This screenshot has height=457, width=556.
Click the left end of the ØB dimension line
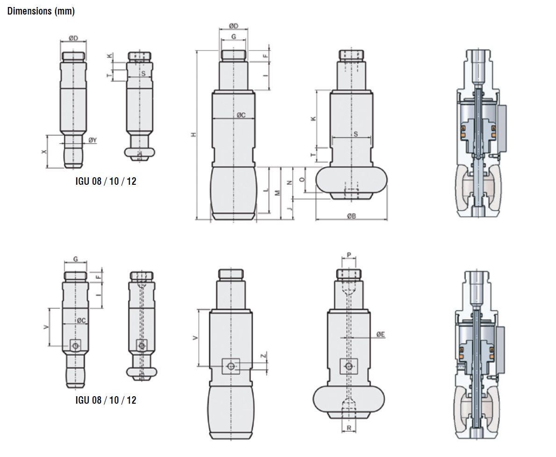[316, 220]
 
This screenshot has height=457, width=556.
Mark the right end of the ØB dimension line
[387, 220]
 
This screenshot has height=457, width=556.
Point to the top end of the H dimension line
[196, 51]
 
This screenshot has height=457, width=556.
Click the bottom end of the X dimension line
[47, 167]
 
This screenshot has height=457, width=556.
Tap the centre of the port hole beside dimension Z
[231, 366]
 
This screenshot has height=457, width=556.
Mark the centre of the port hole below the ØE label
[348, 366]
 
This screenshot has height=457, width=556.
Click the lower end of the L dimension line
[269, 213]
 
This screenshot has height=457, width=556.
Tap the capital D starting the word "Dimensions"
[10, 11]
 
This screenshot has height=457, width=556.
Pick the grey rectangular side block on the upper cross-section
[501, 128]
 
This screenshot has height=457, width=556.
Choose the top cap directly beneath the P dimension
[348, 274]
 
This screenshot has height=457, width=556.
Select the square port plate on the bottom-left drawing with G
[76, 345]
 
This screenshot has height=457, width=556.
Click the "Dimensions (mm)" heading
[41, 11]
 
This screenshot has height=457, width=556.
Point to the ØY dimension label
[92, 140]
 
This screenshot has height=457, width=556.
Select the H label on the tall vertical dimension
[193, 135]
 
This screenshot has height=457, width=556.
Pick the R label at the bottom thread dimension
[349, 428]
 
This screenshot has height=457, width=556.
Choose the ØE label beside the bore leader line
[381, 334]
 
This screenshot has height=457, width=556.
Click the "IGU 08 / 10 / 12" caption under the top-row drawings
[106, 181]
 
